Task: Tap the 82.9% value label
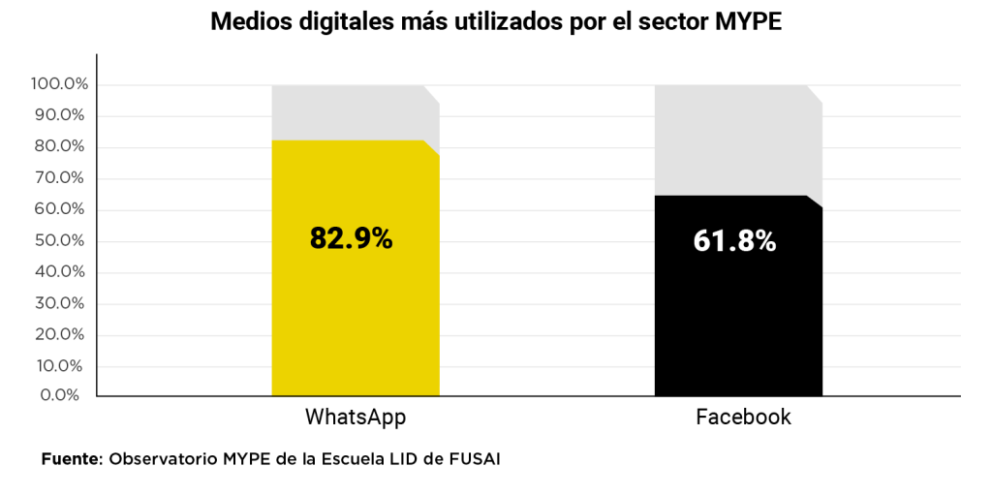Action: point(351,238)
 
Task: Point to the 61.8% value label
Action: point(734,240)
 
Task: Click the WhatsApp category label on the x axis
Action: point(355,418)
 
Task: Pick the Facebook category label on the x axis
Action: point(743,418)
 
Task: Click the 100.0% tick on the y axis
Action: point(60,84)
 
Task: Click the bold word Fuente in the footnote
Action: point(70,458)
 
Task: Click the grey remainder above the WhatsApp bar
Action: point(355,111)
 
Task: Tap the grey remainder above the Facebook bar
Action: point(738,139)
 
